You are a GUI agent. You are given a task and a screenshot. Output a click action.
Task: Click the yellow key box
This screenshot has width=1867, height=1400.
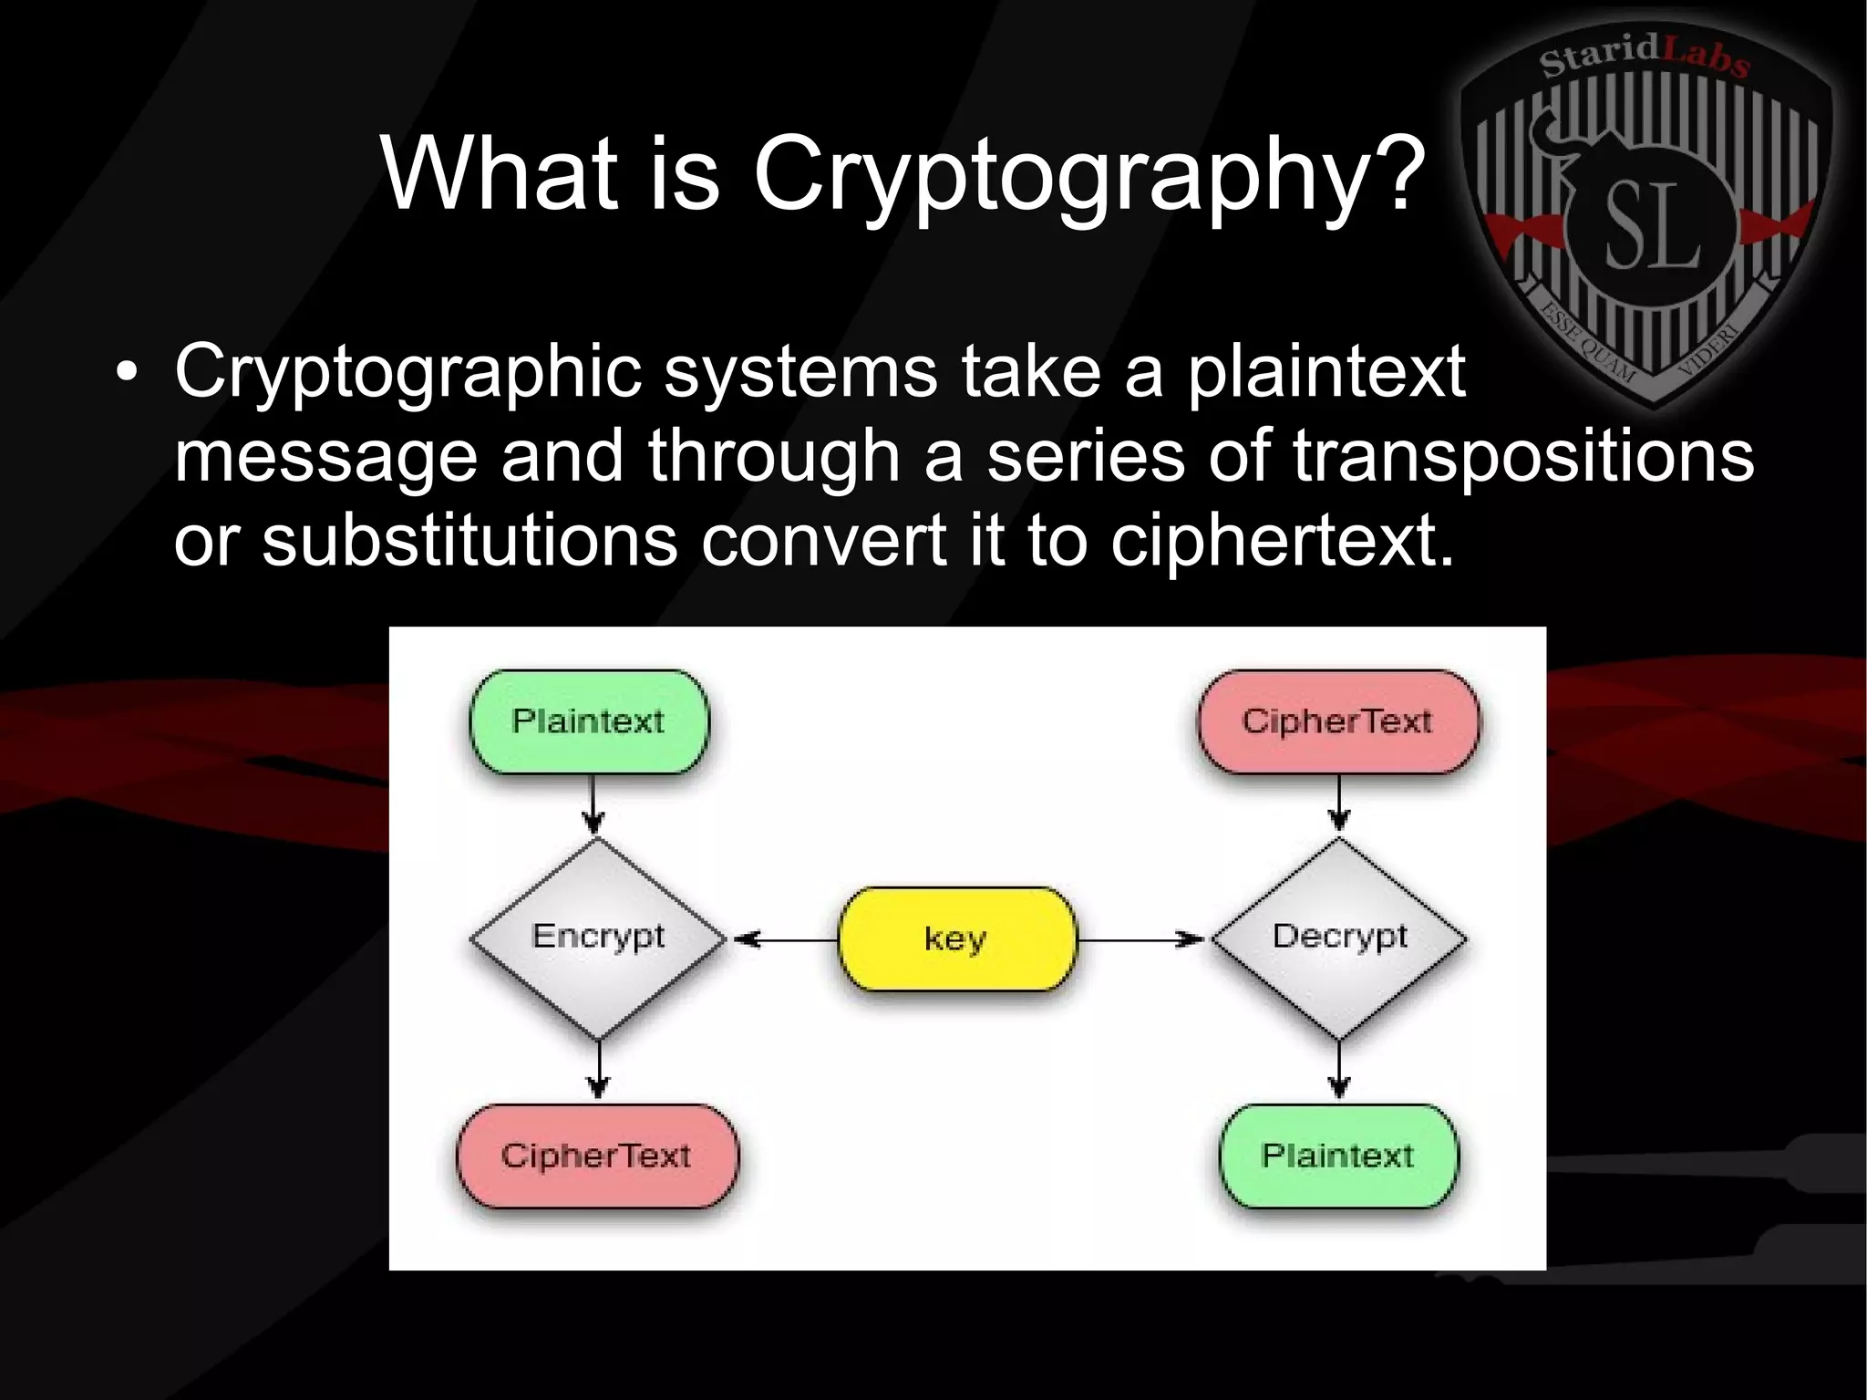point(956,939)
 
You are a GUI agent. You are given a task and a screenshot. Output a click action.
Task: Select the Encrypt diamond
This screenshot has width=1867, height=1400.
point(597,938)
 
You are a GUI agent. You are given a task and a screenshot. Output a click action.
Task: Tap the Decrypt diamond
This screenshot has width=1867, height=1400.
point(1338,938)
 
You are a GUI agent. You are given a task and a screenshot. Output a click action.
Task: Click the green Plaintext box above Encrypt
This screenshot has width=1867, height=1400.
point(589,721)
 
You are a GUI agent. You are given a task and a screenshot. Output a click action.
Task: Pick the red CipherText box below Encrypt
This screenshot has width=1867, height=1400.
point(596,1156)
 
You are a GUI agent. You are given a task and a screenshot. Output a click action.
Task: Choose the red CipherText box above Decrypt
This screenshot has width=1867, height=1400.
point(1337,721)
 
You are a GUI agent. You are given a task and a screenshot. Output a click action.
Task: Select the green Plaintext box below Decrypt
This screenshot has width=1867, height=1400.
point(1337,1156)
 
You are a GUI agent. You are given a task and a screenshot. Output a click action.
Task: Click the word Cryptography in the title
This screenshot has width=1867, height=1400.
point(1088,173)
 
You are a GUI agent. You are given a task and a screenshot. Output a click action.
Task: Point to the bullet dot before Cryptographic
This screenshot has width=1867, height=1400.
point(128,374)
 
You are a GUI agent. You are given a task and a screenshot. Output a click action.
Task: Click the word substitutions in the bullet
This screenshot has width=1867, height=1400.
point(469,540)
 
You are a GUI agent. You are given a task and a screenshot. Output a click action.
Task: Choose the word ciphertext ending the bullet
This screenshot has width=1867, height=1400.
point(1280,540)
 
